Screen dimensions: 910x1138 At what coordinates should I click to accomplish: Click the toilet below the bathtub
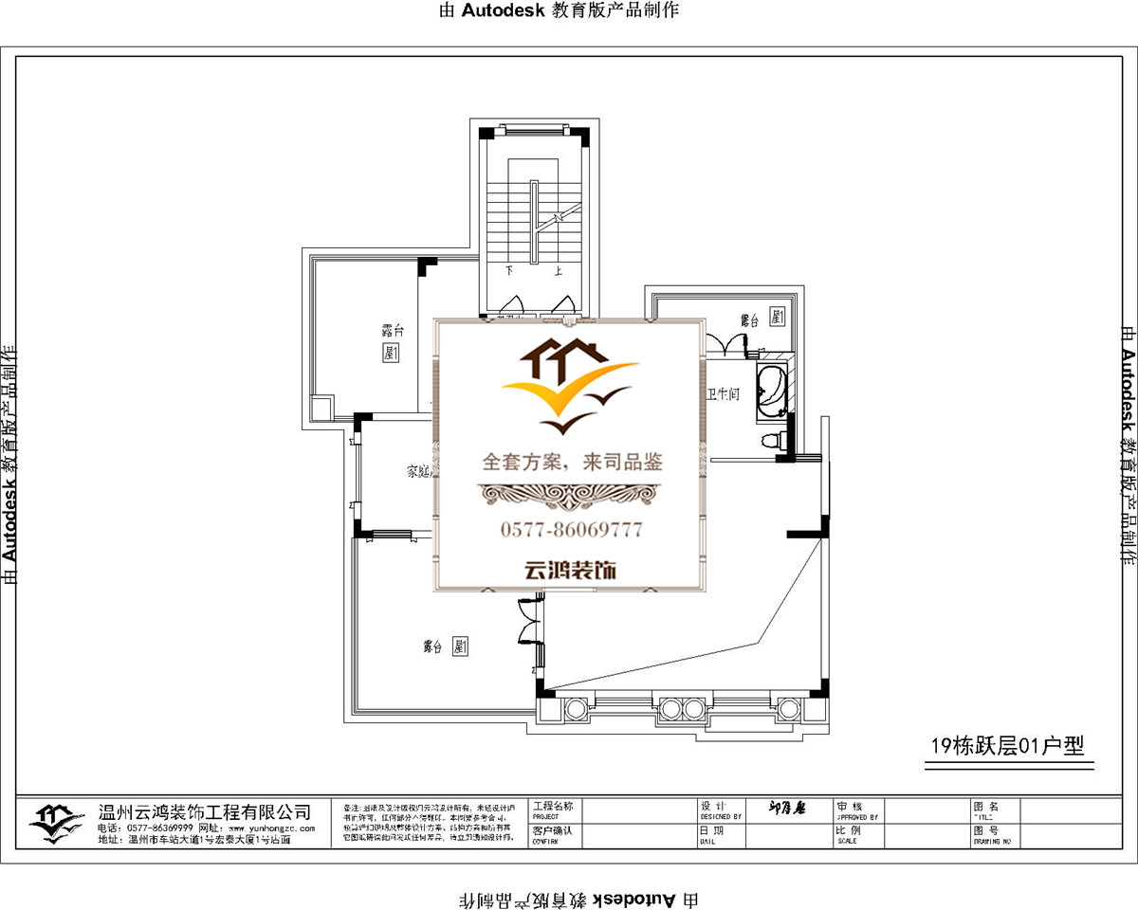coord(773,439)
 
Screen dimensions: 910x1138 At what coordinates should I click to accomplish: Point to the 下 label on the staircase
coord(509,270)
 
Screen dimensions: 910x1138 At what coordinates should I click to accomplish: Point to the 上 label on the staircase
coord(558,270)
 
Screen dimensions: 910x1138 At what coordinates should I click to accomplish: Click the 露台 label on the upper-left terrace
coord(393,331)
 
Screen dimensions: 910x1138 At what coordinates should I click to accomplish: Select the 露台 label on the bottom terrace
coord(433,647)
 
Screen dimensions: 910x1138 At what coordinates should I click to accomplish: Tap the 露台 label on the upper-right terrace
coord(749,320)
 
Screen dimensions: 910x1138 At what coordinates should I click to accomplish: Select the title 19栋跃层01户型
coord(1006,747)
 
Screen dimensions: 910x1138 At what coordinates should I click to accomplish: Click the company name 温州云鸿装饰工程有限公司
coord(205,812)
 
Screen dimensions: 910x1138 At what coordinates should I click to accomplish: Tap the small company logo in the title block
coord(56,823)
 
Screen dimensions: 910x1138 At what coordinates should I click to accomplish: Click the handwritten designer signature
coord(786,810)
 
